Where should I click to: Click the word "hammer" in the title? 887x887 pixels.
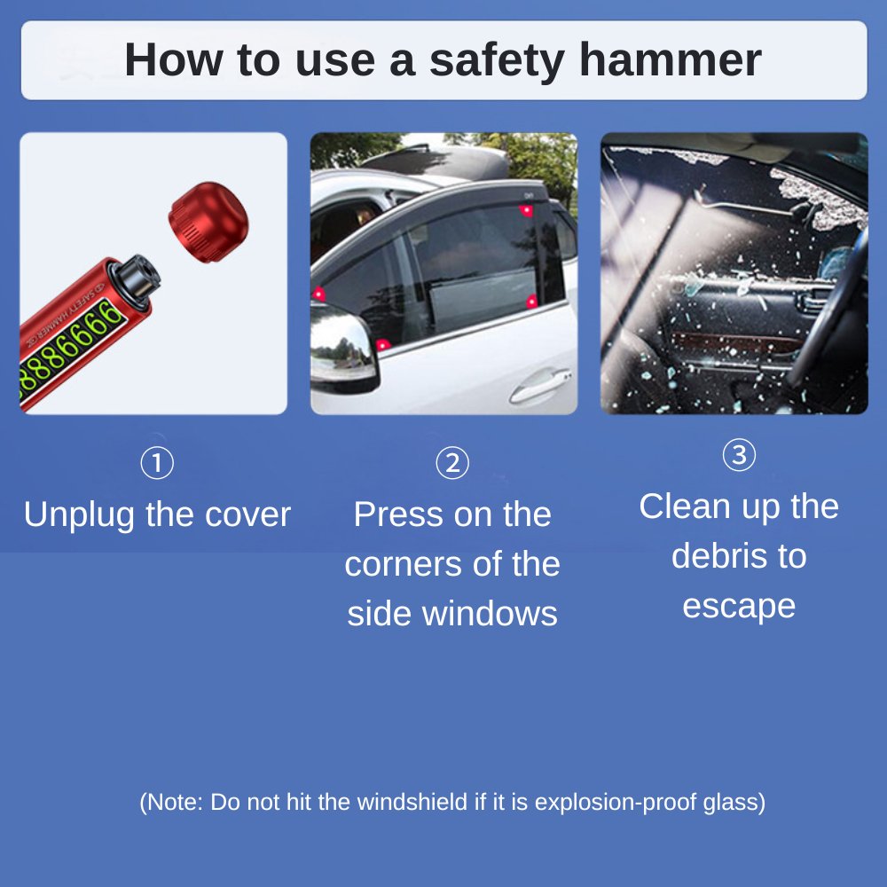tap(671, 59)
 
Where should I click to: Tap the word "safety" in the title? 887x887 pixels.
tap(497, 61)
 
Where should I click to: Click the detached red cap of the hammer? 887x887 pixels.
tap(208, 222)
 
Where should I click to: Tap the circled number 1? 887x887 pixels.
tap(157, 463)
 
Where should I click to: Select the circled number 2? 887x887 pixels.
tap(452, 463)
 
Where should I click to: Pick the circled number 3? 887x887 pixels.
tap(739, 454)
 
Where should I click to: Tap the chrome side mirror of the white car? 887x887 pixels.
tap(342, 349)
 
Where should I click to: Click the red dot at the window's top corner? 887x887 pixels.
tap(526, 211)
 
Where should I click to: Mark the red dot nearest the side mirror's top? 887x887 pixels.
tap(319, 294)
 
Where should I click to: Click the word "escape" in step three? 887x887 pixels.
tap(739, 608)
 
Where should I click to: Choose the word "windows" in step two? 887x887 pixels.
tap(490, 614)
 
